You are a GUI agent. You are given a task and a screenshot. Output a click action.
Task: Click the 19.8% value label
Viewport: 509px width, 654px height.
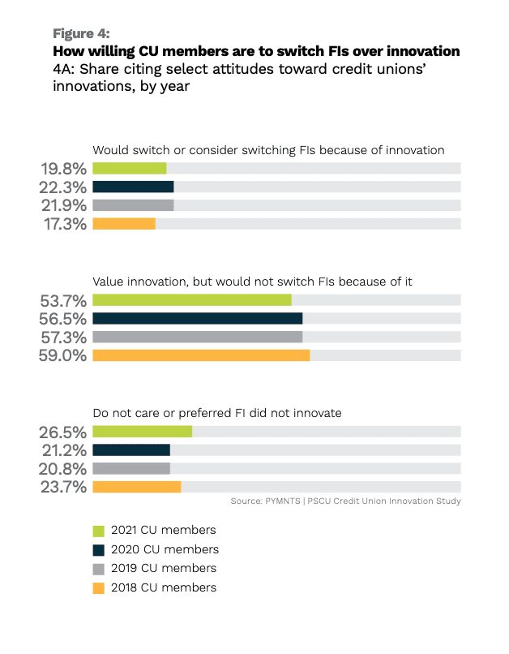[x=64, y=169]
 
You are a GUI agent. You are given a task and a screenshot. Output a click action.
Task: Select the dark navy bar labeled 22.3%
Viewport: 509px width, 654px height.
[x=133, y=187]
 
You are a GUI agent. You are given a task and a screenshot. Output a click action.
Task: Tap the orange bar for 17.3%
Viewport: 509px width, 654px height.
[x=124, y=224]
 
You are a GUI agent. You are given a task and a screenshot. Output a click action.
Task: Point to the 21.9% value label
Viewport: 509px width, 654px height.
[x=64, y=205]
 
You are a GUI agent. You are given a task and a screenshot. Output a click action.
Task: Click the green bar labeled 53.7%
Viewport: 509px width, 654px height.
[x=192, y=300]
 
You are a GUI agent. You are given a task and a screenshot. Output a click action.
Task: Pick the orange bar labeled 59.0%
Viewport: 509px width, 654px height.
[x=201, y=355]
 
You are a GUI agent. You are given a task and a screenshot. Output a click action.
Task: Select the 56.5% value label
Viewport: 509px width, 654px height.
[x=63, y=319]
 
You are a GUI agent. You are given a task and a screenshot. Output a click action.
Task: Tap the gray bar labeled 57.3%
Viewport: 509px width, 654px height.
[x=198, y=337]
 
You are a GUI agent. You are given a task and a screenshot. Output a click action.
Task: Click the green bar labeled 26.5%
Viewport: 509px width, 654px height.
[x=143, y=432]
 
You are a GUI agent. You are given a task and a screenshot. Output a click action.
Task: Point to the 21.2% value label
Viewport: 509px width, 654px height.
[x=65, y=450]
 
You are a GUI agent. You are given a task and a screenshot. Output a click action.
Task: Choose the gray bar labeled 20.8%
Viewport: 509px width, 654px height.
[x=131, y=468]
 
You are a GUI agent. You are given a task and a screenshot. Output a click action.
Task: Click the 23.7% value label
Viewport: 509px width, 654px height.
[x=64, y=487]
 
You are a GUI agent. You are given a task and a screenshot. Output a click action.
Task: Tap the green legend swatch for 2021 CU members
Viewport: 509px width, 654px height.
[x=99, y=531]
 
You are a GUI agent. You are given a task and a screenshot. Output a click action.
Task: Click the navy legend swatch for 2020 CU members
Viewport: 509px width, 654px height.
[x=99, y=550]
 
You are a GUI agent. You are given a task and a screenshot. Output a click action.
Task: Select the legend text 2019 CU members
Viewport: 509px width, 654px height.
[x=164, y=568]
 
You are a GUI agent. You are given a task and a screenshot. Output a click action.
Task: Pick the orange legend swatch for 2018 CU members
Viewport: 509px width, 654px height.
[x=99, y=588]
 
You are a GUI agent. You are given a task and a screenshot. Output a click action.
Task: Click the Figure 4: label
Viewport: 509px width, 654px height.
[x=81, y=33]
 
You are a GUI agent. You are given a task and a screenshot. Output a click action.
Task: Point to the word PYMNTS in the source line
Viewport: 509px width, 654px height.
[x=283, y=501]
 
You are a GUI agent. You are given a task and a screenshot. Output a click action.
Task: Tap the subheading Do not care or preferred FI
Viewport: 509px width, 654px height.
[x=169, y=413]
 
